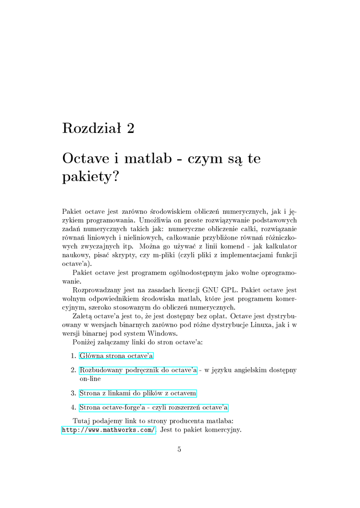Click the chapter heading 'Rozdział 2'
coord(98,128)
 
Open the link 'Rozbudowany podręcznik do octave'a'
coord(138,370)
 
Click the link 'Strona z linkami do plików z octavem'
coord(138,393)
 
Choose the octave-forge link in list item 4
coord(153,408)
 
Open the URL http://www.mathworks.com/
coord(109,430)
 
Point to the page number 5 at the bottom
coord(179,449)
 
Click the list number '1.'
coord(73,356)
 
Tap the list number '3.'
coord(73,393)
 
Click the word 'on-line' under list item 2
coord(90,379)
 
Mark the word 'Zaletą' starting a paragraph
coord(82,316)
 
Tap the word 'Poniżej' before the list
coord(84,342)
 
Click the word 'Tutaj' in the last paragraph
coord(81,421)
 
